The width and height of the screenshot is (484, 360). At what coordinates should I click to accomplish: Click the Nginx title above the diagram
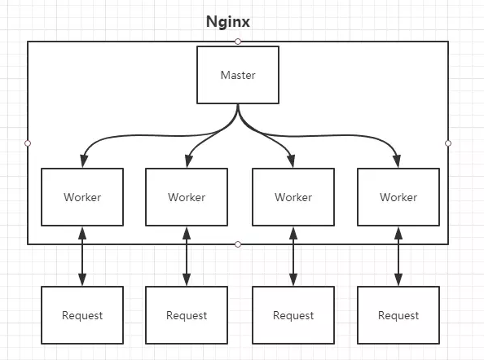pyautogui.click(x=228, y=22)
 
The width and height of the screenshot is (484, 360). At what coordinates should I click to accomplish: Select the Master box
pyautogui.click(x=238, y=75)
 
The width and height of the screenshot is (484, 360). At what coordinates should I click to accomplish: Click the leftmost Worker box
pyautogui.click(x=82, y=197)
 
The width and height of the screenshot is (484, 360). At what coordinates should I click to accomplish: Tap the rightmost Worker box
pyautogui.click(x=398, y=197)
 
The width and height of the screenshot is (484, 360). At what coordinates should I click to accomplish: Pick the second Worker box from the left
pyautogui.click(x=187, y=197)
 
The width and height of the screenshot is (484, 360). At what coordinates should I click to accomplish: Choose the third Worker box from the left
pyautogui.click(x=293, y=197)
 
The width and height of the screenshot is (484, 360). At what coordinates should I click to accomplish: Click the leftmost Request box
pyautogui.click(x=82, y=315)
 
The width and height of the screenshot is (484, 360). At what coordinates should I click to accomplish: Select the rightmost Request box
pyautogui.click(x=398, y=315)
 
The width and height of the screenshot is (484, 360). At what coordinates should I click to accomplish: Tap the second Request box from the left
pyautogui.click(x=187, y=315)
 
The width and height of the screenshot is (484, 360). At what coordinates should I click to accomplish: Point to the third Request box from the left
pyautogui.click(x=293, y=315)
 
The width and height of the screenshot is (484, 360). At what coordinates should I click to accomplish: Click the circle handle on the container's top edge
pyautogui.click(x=238, y=42)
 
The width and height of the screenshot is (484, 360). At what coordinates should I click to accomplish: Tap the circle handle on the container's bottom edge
pyautogui.click(x=238, y=244)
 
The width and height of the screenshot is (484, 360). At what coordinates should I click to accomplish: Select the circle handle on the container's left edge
pyautogui.click(x=28, y=143)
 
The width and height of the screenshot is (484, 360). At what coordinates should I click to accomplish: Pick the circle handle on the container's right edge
pyautogui.click(x=448, y=143)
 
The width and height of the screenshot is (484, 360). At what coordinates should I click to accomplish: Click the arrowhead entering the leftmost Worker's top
pyautogui.click(x=84, y=161)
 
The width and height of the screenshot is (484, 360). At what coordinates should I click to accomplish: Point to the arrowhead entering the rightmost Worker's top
pyautogui.click(x=397, y=161)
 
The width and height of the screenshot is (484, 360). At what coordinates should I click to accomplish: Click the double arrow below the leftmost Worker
pyautogui.click(x=82, y=257)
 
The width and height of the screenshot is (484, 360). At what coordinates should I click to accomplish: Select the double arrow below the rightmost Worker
pyautogui.click(x=398, y=257)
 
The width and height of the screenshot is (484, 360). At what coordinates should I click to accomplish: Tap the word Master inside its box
pyautogui.click(x=238, y=75)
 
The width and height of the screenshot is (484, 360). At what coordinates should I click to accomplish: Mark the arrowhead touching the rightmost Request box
pyautogui.click(x=398, y=279)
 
